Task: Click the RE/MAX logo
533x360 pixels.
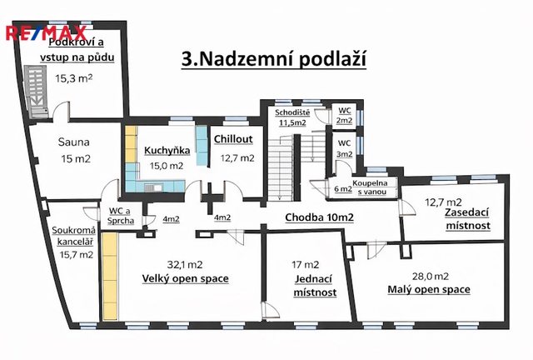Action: pos(47,33)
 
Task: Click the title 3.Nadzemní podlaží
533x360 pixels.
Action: pos(274,59)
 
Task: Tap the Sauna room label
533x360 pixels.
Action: pos(74,142)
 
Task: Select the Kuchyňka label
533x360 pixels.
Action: pos(167,150)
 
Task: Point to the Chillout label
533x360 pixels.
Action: pos(233,139)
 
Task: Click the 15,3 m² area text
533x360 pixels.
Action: pos(74,78)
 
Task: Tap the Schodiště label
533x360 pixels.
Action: pos(292,112)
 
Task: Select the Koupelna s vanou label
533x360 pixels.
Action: pos(370,187)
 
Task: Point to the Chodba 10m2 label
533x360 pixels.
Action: pos(319,217)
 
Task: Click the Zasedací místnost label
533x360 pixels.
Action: pos(468,219)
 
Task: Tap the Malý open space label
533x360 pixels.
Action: pos(429,289)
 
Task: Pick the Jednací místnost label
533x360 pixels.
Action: pos(315,286)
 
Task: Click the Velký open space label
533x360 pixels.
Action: pos(185,278)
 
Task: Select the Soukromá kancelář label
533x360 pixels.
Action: pos(73,236)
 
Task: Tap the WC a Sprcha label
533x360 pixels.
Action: pos(120,216)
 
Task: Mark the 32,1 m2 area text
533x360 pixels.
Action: pos(185,264)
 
